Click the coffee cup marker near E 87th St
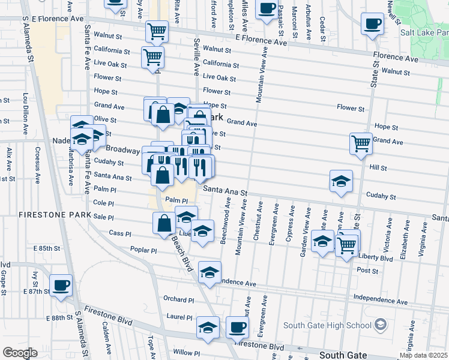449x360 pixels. [x=60, y=285]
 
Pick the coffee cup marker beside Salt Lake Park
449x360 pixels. [x=372, y=24]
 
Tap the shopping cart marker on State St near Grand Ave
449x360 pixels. [x=361, y=143]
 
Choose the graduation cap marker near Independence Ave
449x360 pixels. [x=209, y=272]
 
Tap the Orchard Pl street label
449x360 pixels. [x=179, y=298]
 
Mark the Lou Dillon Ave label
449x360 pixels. [x=25, y=113]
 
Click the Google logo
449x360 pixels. [x=20, y=353]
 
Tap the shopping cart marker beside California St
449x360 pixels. [x=152, y=57]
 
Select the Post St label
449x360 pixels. [x=379, y=271]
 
